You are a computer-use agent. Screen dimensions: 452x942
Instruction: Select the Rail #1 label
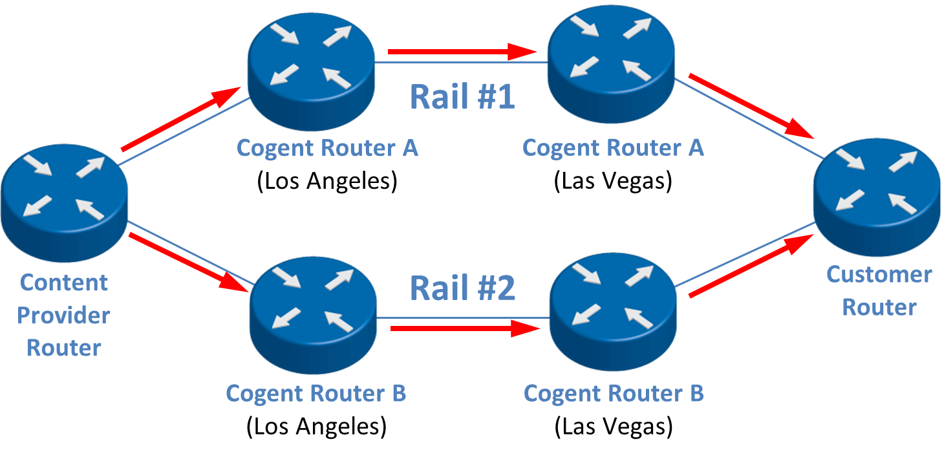click(x=462, y=97)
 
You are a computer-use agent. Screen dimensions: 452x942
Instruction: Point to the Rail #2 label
click(x=463, y=288)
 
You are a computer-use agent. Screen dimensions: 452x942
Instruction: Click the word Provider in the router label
click(x=63, y=316)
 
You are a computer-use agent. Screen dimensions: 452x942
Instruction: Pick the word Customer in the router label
click(x=879, y=274)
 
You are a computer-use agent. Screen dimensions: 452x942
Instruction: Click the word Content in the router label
click(x=63, y=283)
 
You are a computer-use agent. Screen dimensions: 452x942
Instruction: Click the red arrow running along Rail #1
click(x=462, y=50)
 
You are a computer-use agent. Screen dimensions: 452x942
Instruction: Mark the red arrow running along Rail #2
click(x=465, y=329)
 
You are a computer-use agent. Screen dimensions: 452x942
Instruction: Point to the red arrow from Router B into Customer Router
click(x=750, y=266)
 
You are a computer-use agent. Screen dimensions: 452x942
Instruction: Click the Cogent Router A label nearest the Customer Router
click(x=612, y=147)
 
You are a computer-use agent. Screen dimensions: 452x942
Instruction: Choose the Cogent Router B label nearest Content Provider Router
click(x=316, y=393)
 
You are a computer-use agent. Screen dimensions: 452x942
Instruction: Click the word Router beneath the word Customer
click(x=879, y=307)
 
